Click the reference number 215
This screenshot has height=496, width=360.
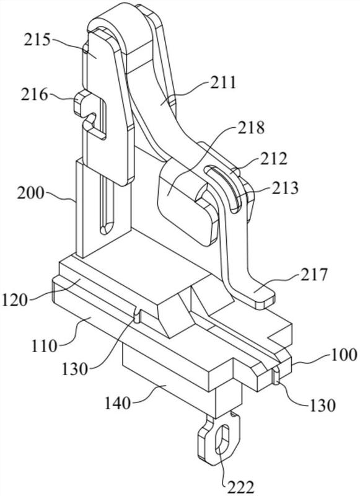coord(37,40)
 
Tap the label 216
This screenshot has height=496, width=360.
coord(35,95)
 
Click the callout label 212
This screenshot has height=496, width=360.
coord(274,159)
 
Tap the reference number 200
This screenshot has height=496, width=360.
coord(30,193)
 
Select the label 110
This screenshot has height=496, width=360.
coord(44,346)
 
